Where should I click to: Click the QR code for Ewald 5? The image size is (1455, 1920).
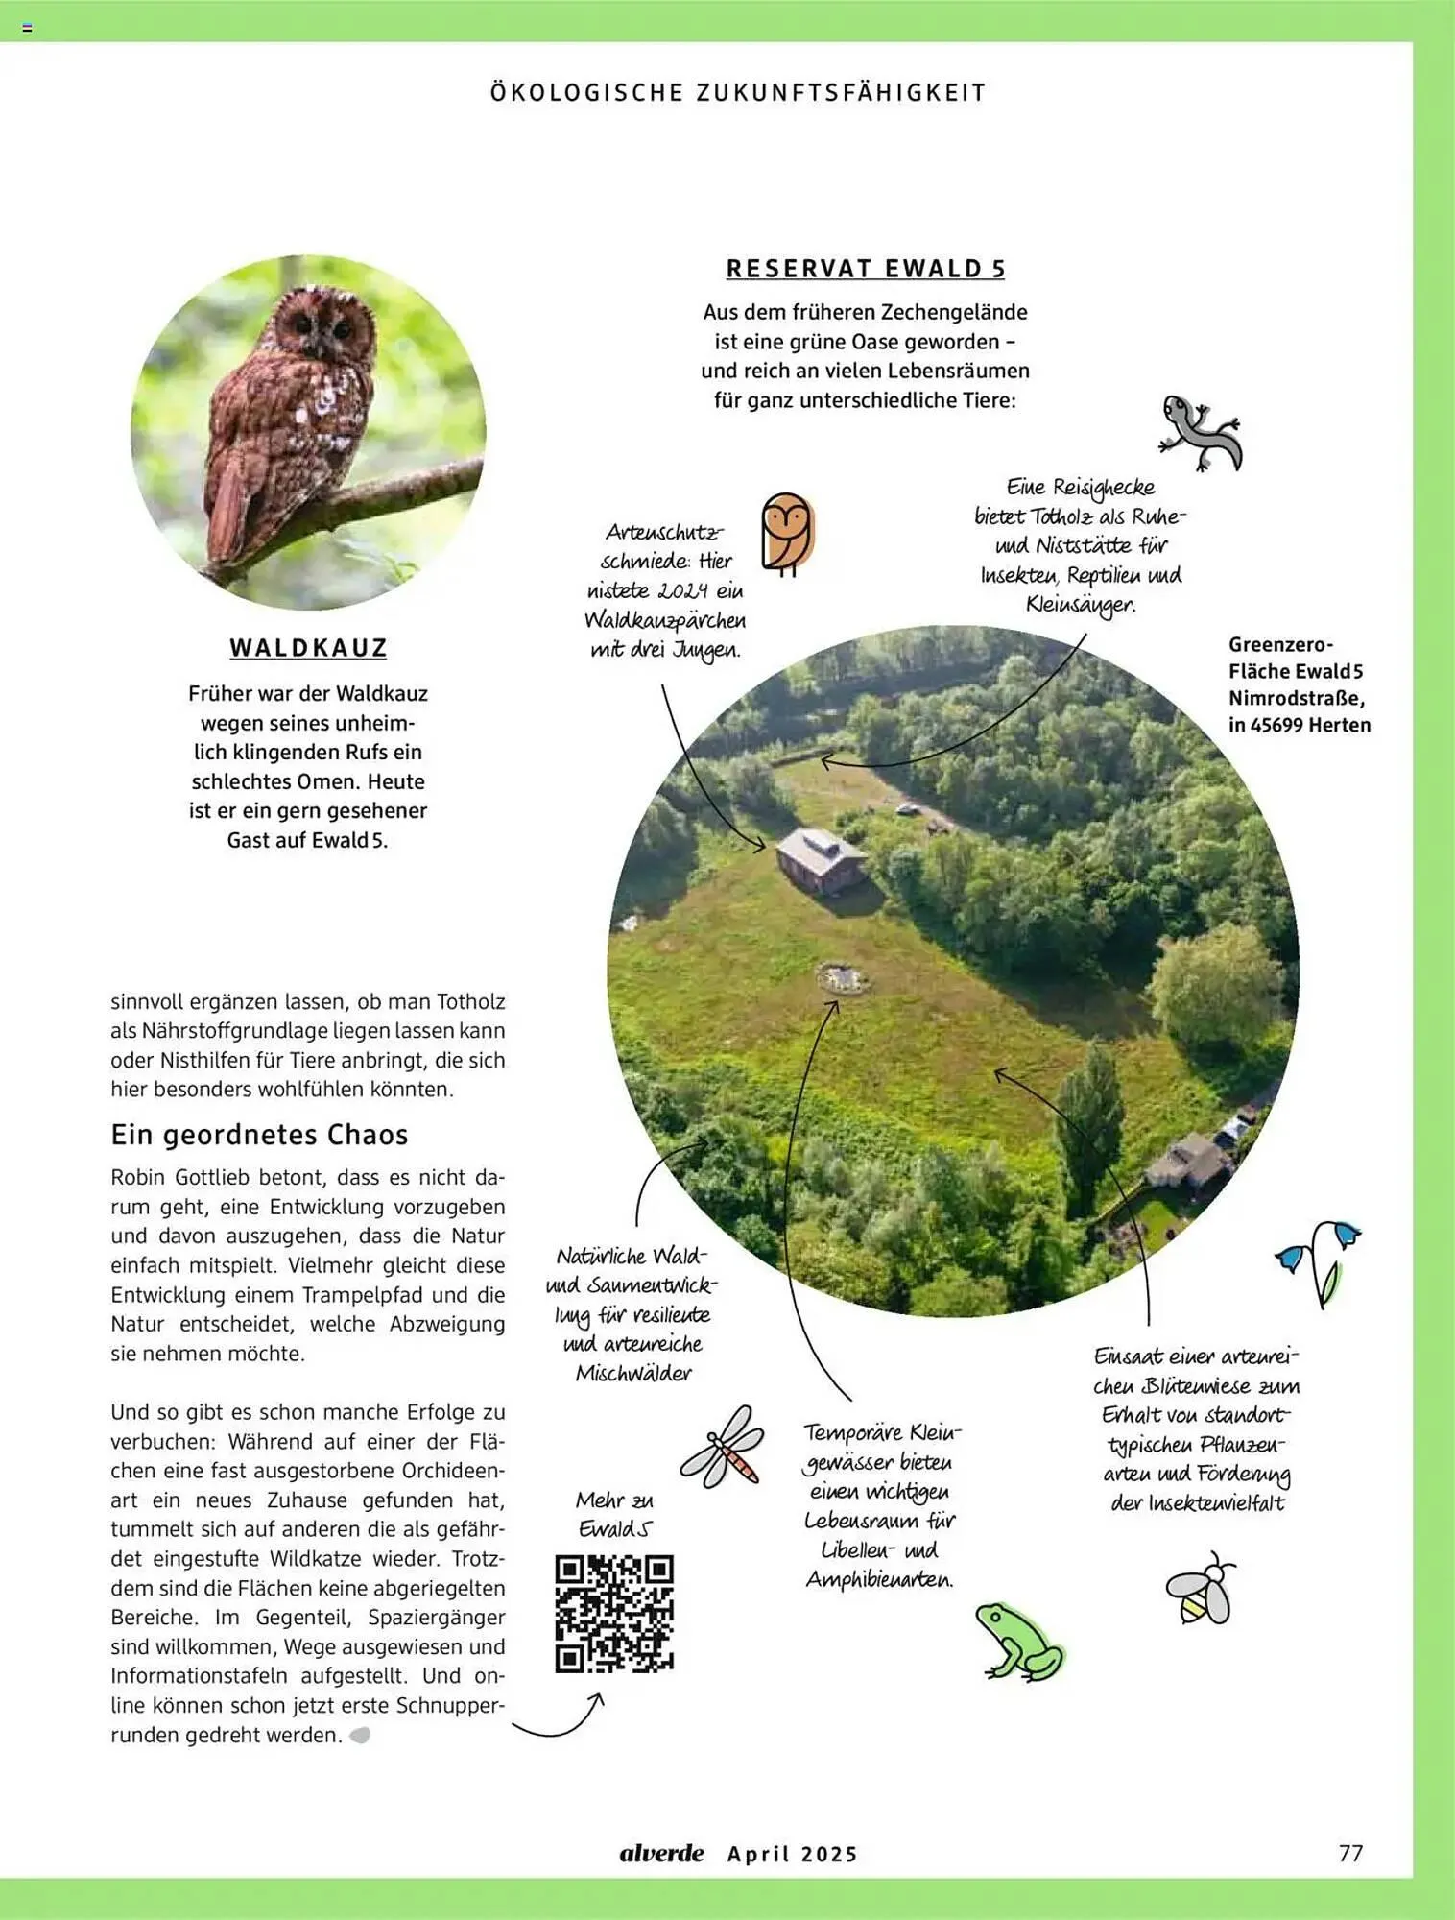614,1614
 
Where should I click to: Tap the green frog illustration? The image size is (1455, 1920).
1020,1643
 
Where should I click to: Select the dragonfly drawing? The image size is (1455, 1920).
723,1447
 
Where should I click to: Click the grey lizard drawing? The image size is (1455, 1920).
1200,431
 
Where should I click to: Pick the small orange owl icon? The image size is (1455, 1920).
787,534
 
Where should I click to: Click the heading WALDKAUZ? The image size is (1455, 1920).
308,648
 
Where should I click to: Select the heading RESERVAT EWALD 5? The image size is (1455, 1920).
866,269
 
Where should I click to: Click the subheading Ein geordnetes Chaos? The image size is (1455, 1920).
259,1135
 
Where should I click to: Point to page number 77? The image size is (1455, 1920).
1350,1853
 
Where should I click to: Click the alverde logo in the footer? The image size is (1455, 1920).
661,1853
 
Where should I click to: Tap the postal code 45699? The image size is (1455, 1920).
1282,725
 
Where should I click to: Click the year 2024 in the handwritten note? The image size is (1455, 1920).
680,591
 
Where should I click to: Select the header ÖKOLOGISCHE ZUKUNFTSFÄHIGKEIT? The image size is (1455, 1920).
738,93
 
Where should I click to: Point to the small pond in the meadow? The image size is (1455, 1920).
843,978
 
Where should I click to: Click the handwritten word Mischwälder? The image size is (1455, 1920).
633,1374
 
